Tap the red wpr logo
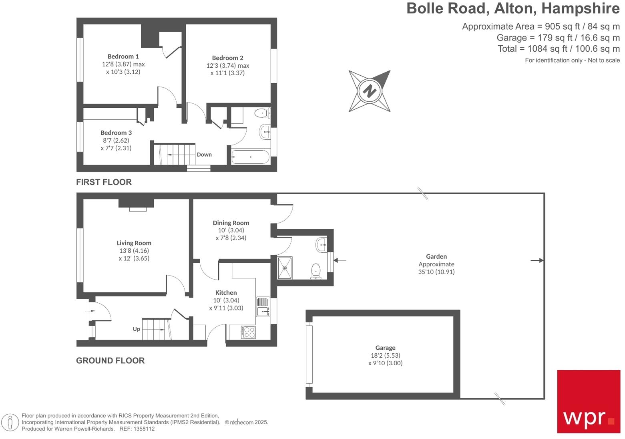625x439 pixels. tap(589, 401)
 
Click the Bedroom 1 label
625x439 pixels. tap(123, 56)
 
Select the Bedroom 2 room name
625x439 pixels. tap(227, 58)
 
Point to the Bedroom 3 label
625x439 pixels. tap(116, 133)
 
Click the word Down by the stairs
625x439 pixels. tap(204, 155)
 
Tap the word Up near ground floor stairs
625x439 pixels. tap(137, 329)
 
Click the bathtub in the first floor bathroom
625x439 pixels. tap(251, 157)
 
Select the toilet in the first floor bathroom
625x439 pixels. tap(262, 113)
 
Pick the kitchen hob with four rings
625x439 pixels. tap(249, 332)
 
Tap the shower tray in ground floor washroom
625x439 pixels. tap(285, 268)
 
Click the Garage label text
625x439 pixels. tap(385, 348)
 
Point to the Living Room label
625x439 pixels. tap(134, 243)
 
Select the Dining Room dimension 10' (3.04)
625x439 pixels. tap(231, 230)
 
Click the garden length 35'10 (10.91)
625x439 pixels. tap(436, 272)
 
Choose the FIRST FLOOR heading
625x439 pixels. tap(104, 182)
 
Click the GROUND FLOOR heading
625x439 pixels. tap(110, 360)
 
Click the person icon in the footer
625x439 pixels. tap(10, 422)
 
